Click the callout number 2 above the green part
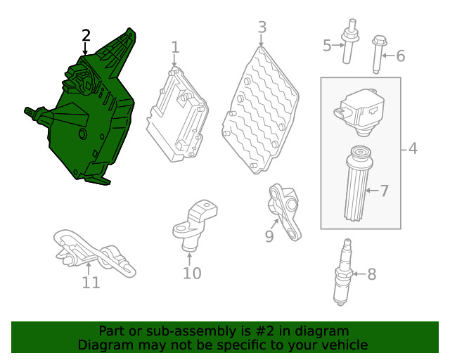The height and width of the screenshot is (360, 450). click(86, 35)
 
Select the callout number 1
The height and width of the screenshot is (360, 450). click(175, 47)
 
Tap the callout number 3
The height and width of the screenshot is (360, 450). click(262, 27)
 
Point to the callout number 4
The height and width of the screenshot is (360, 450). click(413, 148)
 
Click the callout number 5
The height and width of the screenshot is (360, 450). click(327, 46)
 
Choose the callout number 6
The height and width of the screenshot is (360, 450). click(401, 56)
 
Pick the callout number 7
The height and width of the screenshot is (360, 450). click(385, 191)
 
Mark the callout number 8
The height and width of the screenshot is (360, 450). click(372, 274)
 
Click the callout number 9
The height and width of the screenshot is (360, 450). click(269, 236)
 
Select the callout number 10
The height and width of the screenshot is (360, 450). click(192, 273)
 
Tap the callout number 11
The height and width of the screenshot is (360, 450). click(91, 283)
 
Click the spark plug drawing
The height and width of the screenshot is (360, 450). click(343, 272)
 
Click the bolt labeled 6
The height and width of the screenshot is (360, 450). click(378, 54)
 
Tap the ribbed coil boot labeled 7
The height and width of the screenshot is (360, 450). click(359, 184)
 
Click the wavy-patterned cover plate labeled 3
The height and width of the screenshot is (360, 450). click(260, 110)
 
